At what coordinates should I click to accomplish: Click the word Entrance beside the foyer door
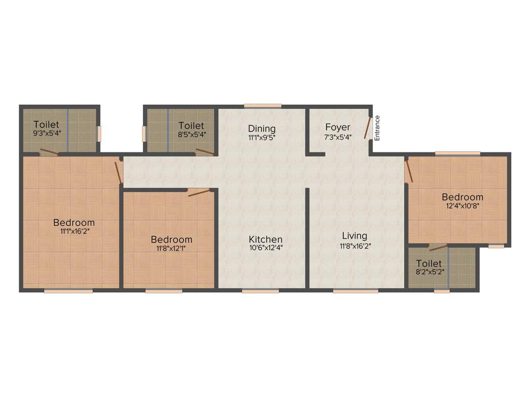[377, 128]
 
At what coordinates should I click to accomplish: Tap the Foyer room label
[337, 127]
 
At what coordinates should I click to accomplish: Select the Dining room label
[261, 129]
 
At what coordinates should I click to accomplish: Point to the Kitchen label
[266, 239]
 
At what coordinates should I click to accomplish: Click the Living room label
[355, 236]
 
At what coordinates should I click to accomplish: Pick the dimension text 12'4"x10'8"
[462, 206]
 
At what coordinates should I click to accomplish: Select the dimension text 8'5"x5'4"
[191, 134]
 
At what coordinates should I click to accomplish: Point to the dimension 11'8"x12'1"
[171, 248]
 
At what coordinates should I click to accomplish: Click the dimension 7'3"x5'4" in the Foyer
[337, 137]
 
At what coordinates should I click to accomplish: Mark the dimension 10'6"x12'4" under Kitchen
[266, 248]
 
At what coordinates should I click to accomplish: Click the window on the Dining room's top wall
[262, 106]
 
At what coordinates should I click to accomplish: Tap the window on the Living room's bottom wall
[355, 291]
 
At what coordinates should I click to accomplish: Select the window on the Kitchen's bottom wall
[260, 291]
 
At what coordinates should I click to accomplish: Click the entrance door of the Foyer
[369, 127]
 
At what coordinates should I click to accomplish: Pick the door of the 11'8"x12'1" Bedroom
[199, 192]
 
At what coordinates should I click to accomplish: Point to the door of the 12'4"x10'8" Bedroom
[409, 171]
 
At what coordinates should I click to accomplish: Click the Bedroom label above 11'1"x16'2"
[74, 223]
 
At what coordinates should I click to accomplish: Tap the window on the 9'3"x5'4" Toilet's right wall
[99, 133]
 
